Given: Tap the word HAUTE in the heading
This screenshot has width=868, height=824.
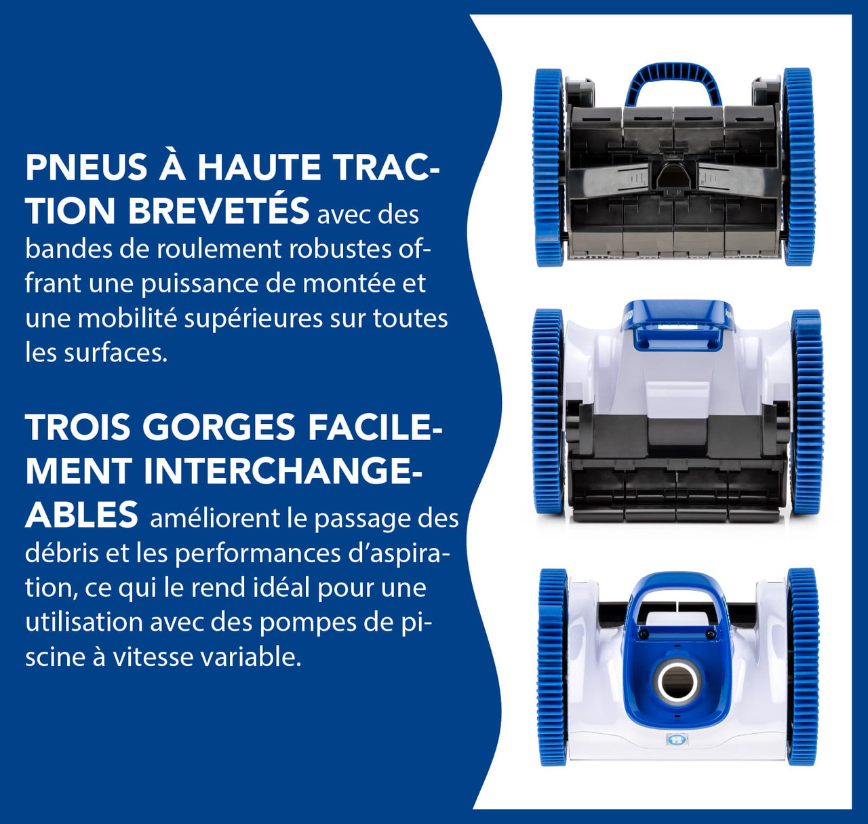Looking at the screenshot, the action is (258, 167).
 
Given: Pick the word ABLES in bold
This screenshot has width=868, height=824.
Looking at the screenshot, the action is (81, 515).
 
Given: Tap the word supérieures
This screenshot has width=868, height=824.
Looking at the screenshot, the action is (254, 319).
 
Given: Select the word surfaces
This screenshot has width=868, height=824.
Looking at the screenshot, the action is (116, 353).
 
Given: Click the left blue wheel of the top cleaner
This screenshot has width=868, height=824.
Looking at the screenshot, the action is (549, 168).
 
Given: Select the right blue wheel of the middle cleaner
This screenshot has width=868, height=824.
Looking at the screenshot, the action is (807, 412).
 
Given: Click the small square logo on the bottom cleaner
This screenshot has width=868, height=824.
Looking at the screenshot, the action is (674, 739).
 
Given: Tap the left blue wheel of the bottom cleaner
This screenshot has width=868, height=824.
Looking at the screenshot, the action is (552, 667).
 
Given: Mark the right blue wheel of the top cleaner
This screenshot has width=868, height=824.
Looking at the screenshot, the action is (798, 166).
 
